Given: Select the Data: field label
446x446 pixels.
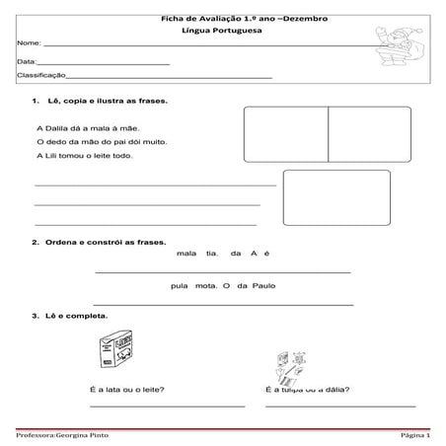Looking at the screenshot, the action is [28, 62].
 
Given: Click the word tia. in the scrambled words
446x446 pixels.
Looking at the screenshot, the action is [211, 254].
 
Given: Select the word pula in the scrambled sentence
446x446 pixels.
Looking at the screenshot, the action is [179, 286].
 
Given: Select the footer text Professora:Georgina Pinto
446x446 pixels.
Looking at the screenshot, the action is [63, 435].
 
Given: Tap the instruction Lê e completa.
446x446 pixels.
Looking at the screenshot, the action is [83, 316].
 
